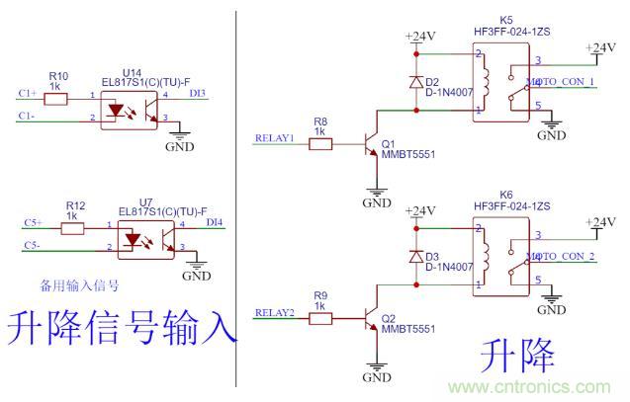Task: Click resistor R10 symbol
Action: click(58, 95)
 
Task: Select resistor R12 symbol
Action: click(73, 228)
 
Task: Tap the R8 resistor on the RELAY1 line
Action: click(320, 144)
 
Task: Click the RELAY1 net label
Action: click(275, 138)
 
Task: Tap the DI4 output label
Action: click(214, 223)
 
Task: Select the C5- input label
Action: click(32, 244)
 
